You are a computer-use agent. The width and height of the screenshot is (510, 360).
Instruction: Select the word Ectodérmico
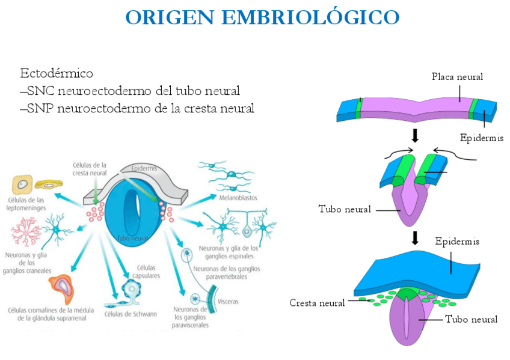(x=57, y=74)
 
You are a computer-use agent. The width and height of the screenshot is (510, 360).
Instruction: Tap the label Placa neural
(x=457, y=76)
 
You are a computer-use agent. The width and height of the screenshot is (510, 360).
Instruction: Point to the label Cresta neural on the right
(x=317, y=302)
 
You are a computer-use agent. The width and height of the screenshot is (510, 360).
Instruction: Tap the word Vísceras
(x=229, y=302)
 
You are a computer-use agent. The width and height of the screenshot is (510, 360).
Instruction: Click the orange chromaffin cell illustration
(x=62, y=288)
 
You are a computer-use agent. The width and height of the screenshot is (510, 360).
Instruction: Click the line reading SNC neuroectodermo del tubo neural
(x=130, y=91)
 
